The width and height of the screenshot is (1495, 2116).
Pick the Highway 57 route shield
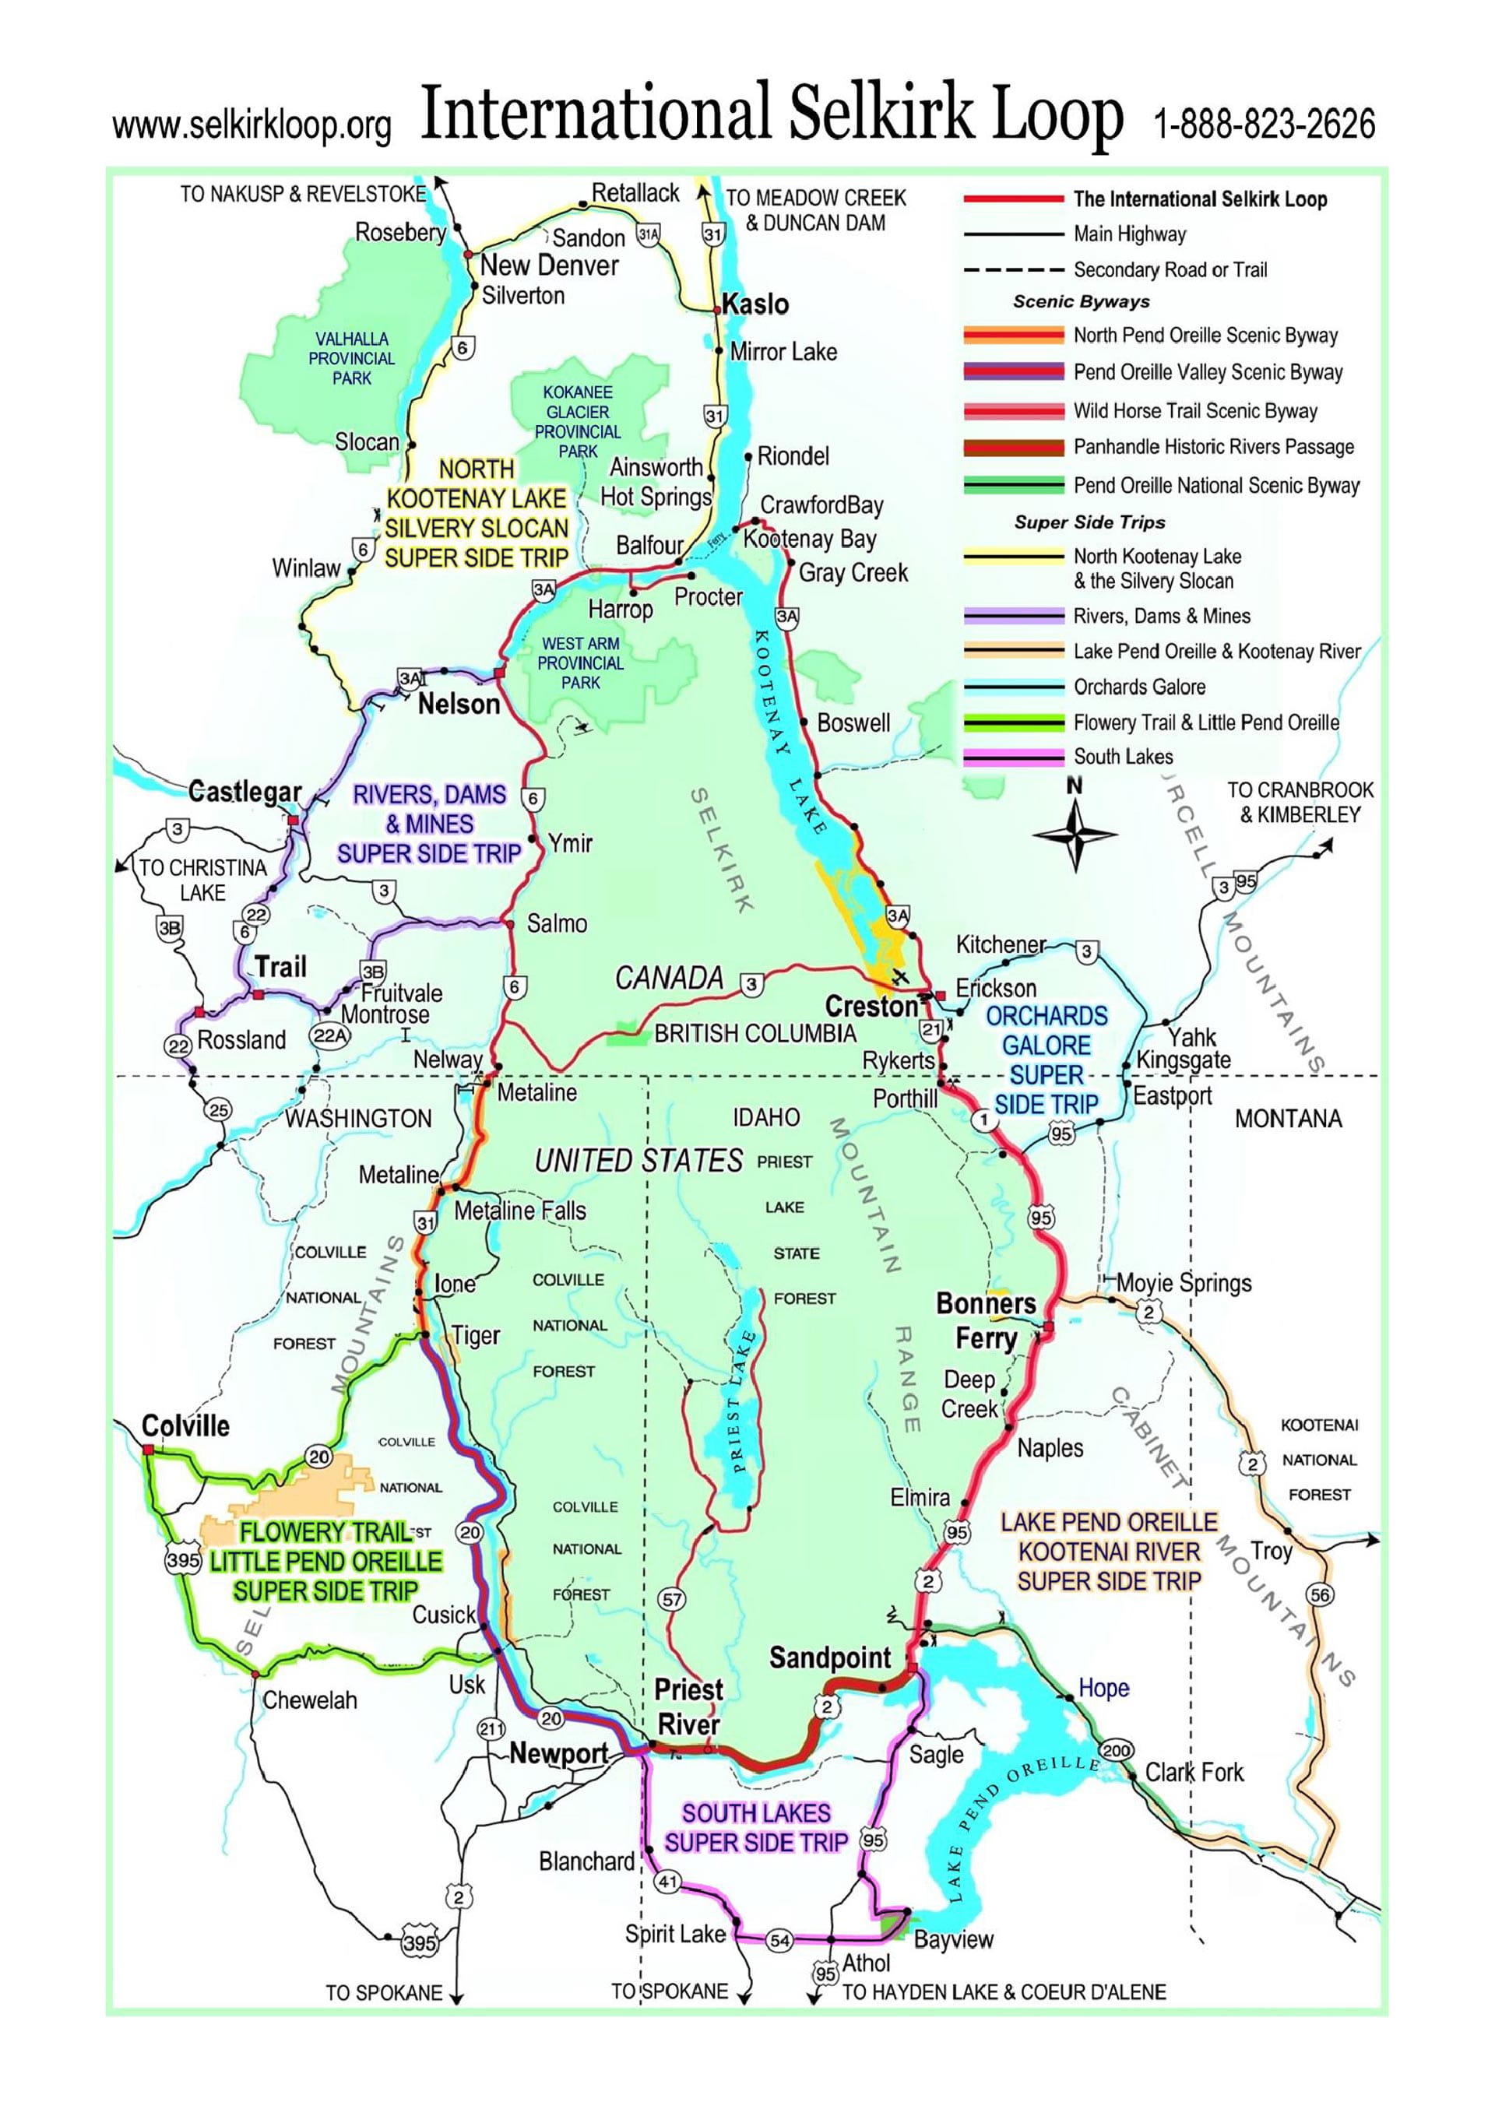tap(672, 1599)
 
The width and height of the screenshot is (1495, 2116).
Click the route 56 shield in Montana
tap(1320, 1595)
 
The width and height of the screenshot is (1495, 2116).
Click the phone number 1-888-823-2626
tap(1264, 124)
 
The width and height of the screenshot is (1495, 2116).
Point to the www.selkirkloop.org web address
tap(252, 126)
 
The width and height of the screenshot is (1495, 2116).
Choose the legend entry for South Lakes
tap(1123, 757)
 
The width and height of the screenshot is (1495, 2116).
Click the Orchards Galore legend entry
tap(1138, 687)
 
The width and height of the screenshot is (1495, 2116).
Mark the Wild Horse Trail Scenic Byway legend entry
tap(1194, 410)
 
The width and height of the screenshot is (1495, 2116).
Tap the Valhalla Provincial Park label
tap(351, 358)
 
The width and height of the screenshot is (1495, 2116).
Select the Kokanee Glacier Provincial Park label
tap(578, 422)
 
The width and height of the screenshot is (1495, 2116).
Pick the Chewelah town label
tap(310, 1700)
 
